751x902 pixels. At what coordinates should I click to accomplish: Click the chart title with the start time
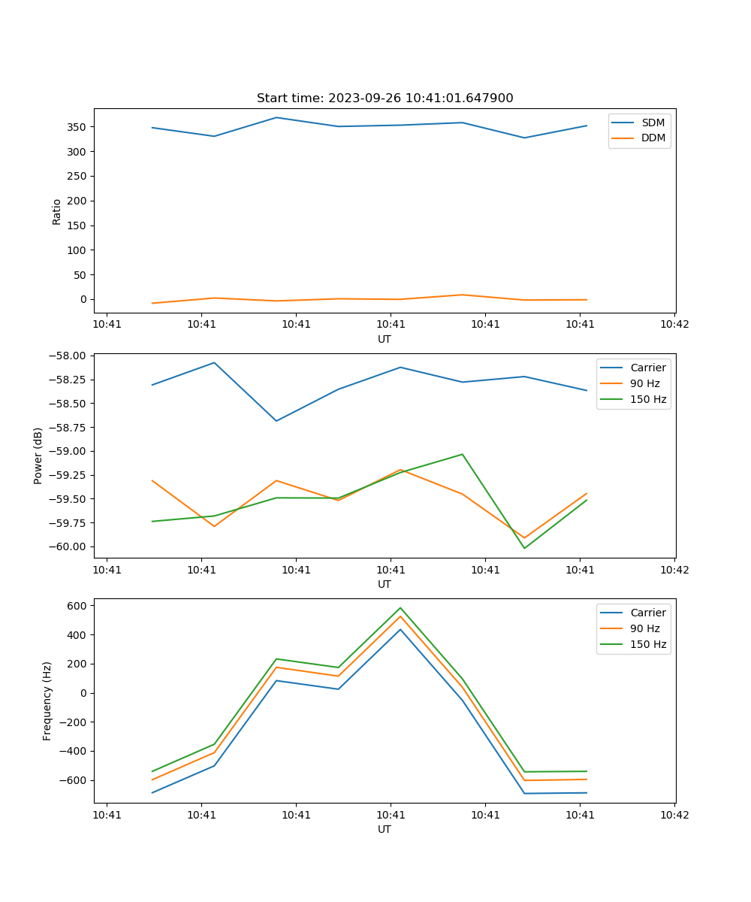(x=385, y=98)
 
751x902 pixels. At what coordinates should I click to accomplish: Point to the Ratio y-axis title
(x=57, y=211)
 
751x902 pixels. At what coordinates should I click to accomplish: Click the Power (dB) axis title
(x=38, y=456)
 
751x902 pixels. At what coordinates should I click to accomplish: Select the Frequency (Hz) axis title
(x=47, y=701)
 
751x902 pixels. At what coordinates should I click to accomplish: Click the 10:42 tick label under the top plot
(x=674, y=325)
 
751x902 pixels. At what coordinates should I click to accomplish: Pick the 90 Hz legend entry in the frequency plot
(x=645, y=628)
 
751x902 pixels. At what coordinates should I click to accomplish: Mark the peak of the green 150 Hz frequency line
(x=400, y=608)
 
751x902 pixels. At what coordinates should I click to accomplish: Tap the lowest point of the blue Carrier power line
(x=276, y=421)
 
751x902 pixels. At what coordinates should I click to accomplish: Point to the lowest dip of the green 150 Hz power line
(x=524, y=548)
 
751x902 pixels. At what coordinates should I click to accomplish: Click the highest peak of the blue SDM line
(x=276, y=117)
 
